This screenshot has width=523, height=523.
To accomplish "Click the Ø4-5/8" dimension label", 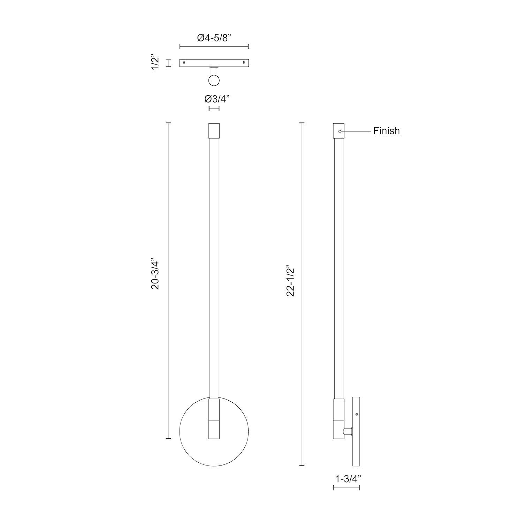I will pos(214,38).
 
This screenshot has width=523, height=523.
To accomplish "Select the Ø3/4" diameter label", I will pos(214,99).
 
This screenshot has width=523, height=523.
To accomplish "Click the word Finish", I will pos(386,131).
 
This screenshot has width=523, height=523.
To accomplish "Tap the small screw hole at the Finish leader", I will pos(340,131).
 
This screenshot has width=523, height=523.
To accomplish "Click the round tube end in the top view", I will pos(214,81).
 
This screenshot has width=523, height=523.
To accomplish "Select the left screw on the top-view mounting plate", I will pos(184,63).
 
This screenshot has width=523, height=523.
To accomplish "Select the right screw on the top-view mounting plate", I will pos(244,63).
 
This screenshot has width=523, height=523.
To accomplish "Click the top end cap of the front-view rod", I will pos(214,130).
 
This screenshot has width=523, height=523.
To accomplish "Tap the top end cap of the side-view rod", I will pos(339,131).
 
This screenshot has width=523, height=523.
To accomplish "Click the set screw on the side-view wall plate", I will pos(357,414).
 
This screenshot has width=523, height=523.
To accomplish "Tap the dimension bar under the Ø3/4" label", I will pos(214,109).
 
